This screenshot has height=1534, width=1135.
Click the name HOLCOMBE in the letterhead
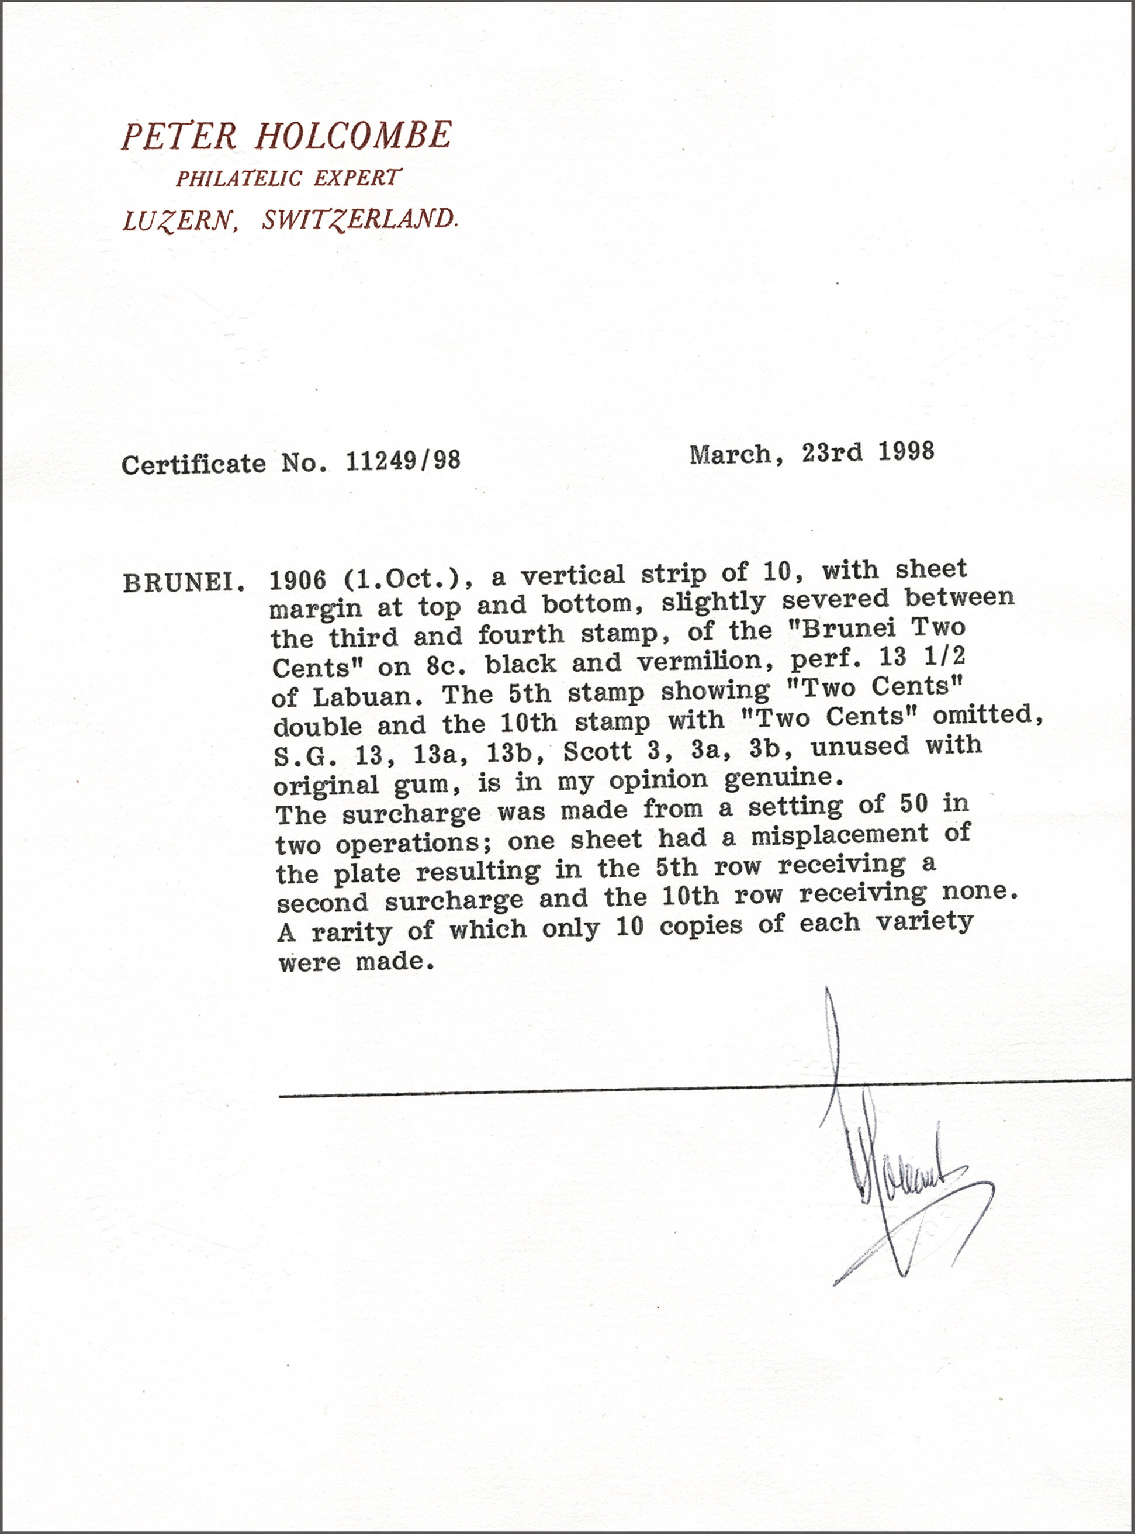[354, 136]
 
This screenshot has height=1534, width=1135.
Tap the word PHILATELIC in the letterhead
[238, 179]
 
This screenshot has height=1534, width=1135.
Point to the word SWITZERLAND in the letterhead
[359, 220]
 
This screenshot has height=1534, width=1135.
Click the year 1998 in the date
[906, 451]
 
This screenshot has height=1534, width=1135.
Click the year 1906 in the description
[297, 581]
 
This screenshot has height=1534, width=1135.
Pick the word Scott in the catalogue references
[597, 751]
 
